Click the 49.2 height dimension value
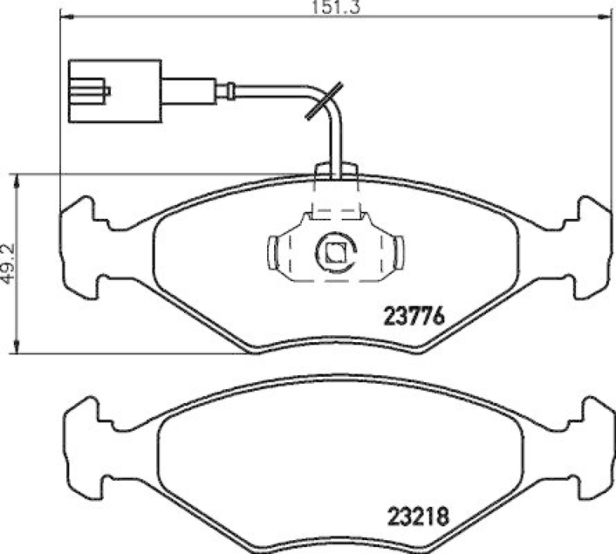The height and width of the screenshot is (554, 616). [8, 264]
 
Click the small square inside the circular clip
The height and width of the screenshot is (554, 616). [335, 252]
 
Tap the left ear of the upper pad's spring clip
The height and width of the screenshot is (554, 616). [274, 252]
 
